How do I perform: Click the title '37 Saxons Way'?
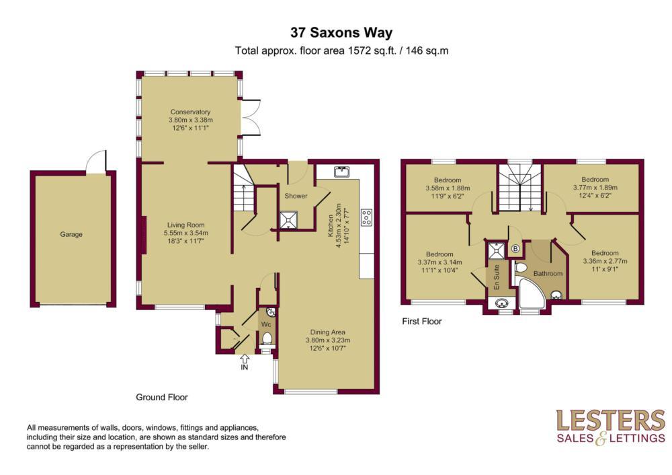341,32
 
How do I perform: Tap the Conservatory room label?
190,112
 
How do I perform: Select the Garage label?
71,234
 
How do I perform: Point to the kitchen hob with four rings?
366,217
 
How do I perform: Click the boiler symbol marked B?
515,249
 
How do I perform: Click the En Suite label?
497,277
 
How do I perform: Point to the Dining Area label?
328,332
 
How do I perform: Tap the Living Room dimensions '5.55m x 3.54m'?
186,233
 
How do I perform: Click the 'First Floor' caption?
422,322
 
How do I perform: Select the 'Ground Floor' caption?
162,398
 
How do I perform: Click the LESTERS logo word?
610,421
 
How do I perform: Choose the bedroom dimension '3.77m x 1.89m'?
595,188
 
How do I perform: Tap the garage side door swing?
96,161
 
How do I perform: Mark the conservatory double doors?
251,118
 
